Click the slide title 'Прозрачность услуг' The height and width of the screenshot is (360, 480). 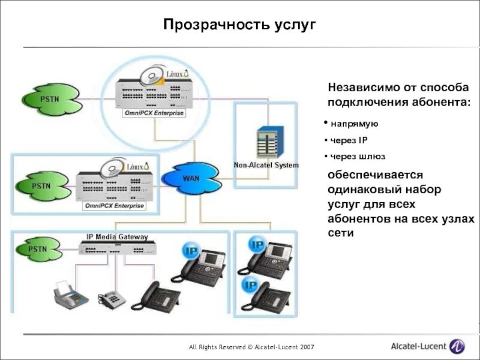tap(239, 25)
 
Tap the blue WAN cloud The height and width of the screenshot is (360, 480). tap(191, 178)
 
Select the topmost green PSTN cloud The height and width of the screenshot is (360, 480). tap(50, 98)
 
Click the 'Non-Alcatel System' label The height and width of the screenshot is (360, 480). tap(266, 165)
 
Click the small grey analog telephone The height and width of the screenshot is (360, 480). tap(110, 298)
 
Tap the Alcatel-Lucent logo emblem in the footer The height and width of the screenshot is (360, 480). tap(457, 347)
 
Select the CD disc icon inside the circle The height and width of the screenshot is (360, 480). tap(151, 77)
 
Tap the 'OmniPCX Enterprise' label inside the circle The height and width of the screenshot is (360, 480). tap(154, 113)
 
